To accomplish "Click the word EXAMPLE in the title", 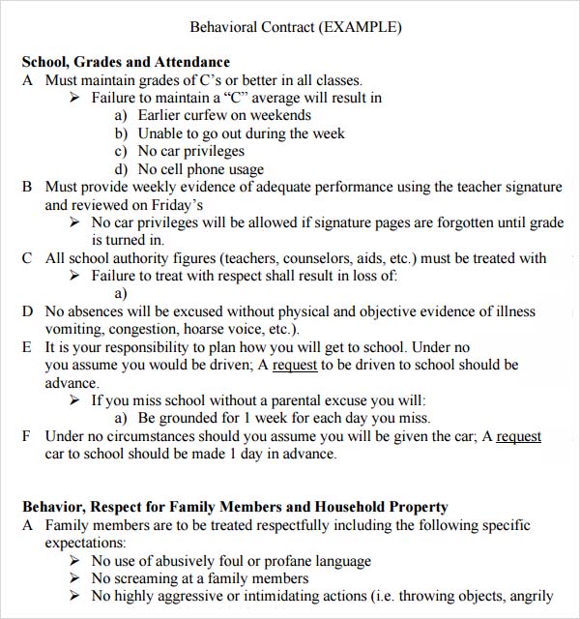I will tap(360, 27).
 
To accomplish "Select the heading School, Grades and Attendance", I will tap(126, 63).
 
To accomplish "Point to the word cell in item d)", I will tap(181, 169).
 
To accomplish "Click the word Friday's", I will tap(173, 205).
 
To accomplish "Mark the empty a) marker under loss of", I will tap(121, 293).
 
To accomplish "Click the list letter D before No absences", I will tap(27, 311).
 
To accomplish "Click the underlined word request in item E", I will tap(295, 365).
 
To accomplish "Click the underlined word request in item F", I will tap(518, 436).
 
